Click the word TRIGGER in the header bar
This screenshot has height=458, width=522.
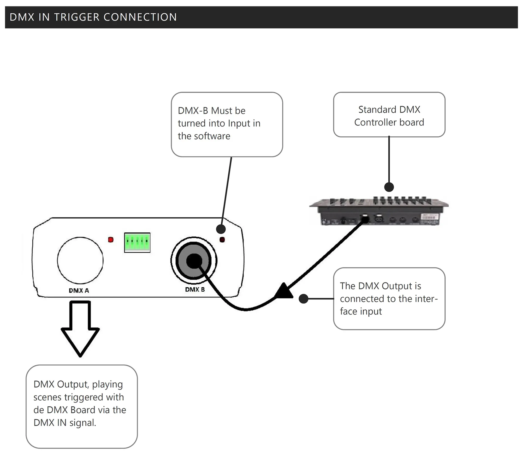tap(77, 17)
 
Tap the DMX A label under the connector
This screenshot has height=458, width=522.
tap(79, 291)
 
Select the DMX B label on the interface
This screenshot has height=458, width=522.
tap(195, 290)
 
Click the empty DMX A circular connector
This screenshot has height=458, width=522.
tap(80, 260)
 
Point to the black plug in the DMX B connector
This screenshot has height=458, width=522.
tap(194, 261)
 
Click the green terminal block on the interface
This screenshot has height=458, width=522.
tap(137, 243)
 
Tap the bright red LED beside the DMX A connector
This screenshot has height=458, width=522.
tap(111, 239)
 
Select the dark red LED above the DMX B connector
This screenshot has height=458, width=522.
tap(222, 240)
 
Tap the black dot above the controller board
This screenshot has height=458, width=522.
tap(389, 187)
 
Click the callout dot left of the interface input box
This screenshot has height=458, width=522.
tap(303, 299)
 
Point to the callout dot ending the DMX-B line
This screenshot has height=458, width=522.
tap(221, 229)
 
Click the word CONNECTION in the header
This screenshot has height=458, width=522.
tap(140, 17)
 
